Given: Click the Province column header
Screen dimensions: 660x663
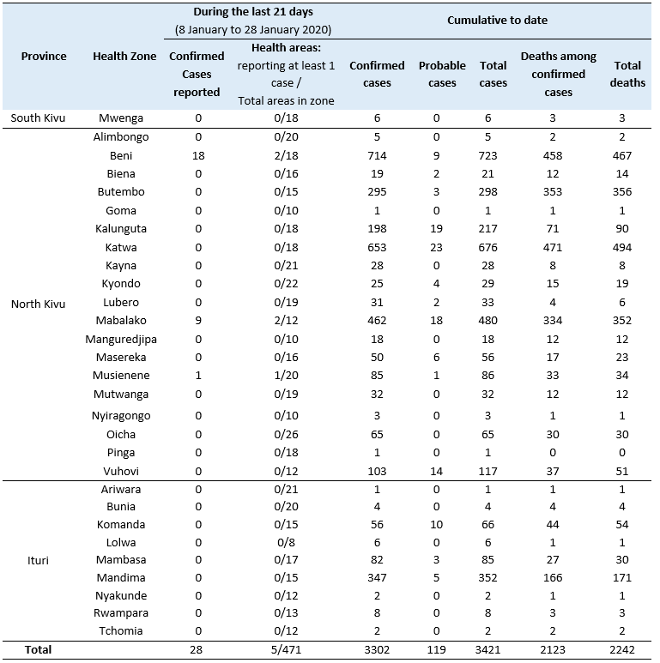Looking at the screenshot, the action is (44, 57).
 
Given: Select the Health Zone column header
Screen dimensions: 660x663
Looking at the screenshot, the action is (124, 57).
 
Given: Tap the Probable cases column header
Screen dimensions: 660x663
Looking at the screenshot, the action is (442, 74).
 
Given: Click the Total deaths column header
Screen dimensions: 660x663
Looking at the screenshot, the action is (627, 74).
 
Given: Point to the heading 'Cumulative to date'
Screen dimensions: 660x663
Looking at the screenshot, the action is (497, 21).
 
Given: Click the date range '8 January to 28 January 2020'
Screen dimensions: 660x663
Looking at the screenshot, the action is (253, 30).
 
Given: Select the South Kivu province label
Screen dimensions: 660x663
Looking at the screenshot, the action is (38, 118).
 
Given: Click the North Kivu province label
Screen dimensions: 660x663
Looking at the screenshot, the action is (38, 304).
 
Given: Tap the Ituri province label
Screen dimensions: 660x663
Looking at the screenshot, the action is (38, 561).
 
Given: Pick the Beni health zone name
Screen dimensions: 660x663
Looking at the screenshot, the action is (121, 155).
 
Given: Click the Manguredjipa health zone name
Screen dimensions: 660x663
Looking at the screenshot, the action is (121, 340).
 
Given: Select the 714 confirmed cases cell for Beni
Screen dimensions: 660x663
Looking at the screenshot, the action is (377, 155).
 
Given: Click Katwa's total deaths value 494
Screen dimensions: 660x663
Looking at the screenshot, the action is (622, 247).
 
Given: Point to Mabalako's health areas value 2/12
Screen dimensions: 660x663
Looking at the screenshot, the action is (286, 321).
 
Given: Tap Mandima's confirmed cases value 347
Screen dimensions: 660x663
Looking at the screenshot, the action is (377, 577).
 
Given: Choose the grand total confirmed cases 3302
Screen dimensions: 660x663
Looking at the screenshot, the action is (377, 650).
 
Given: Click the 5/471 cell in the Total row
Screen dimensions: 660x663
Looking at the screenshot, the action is (286, 650).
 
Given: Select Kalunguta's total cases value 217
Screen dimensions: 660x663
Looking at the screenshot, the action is (487, 229).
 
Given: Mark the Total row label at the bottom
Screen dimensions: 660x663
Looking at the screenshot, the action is (38, 650).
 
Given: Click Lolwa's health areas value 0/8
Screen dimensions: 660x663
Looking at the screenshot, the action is (286, 542).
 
